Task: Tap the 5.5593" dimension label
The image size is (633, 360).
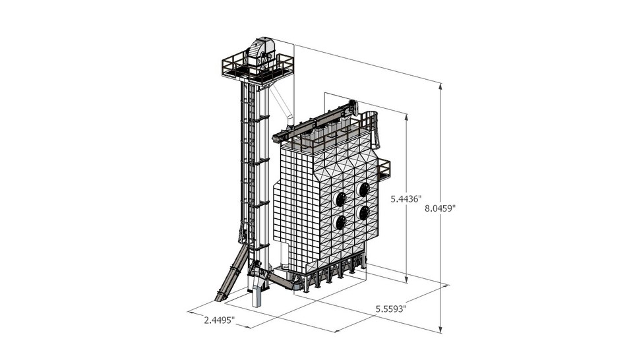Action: point(391,307)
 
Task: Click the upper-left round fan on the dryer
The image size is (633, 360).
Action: point(341,199)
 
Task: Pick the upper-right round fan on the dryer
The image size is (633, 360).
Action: point(362,189)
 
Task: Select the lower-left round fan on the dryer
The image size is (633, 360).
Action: point(341,223)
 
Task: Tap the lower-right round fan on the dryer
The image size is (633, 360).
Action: point(362,213)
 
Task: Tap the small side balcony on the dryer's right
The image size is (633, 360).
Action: point(384,169)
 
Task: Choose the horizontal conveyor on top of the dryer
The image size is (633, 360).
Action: point(316,122)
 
